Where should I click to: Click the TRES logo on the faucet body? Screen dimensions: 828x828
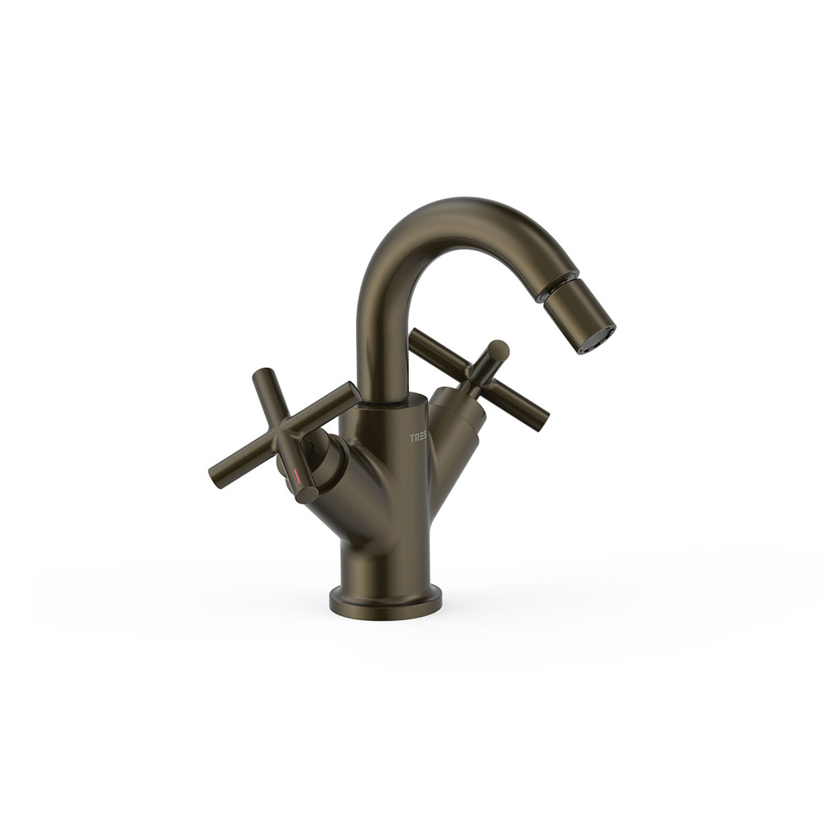(x=421, y=438)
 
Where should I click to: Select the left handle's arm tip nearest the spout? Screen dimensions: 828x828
(x=353, y=390)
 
